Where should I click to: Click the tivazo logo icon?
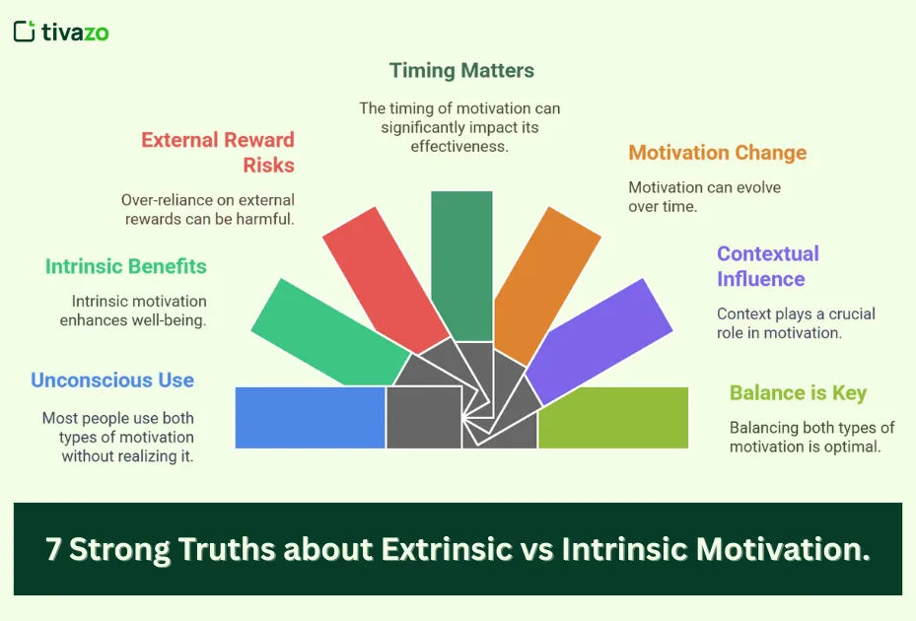(25, 32)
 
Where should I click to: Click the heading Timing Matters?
(461, 70)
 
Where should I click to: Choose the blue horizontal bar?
(310, 417)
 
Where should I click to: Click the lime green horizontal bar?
(612, 417)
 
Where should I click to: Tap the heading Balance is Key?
(798, 392)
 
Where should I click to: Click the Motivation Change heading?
(717, 153)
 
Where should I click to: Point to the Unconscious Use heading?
(112, 380)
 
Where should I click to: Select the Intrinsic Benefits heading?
(126, 266)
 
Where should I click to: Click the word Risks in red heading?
(268, 166)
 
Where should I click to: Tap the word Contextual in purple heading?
(767, 253)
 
